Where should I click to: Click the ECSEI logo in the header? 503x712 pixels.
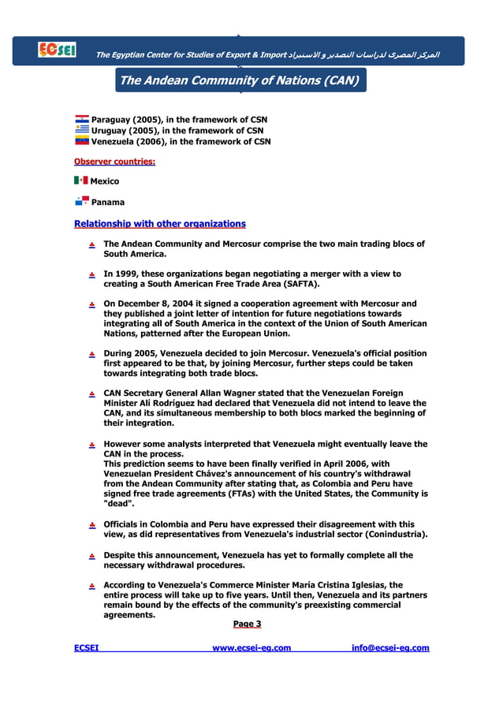(57, 50)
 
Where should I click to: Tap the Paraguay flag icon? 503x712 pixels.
(81, 120)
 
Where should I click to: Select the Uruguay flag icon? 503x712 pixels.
(81, 130)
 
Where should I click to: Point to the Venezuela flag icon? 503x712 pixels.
(81, 141)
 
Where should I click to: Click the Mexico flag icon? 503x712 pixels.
(80, 181)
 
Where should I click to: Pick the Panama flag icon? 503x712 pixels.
(81, 201)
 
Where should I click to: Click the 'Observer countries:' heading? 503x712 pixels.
(114, 162)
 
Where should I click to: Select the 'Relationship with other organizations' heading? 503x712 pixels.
(159, 224)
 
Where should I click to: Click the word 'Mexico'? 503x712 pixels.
(106, 181)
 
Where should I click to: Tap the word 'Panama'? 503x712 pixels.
(108, 202)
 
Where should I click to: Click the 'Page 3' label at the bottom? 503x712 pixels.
(247, 624)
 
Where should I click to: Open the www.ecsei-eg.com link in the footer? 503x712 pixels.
(251, 648)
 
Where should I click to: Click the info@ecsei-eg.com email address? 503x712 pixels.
(390, 648)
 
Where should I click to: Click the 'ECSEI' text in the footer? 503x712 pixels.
(86, 648)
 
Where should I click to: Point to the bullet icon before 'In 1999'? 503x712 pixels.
(91, 274)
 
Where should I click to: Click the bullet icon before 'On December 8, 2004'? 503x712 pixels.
(91, 304)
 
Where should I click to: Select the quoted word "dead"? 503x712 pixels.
(120, 505)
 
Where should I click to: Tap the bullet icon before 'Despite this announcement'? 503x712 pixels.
(91, 556)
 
